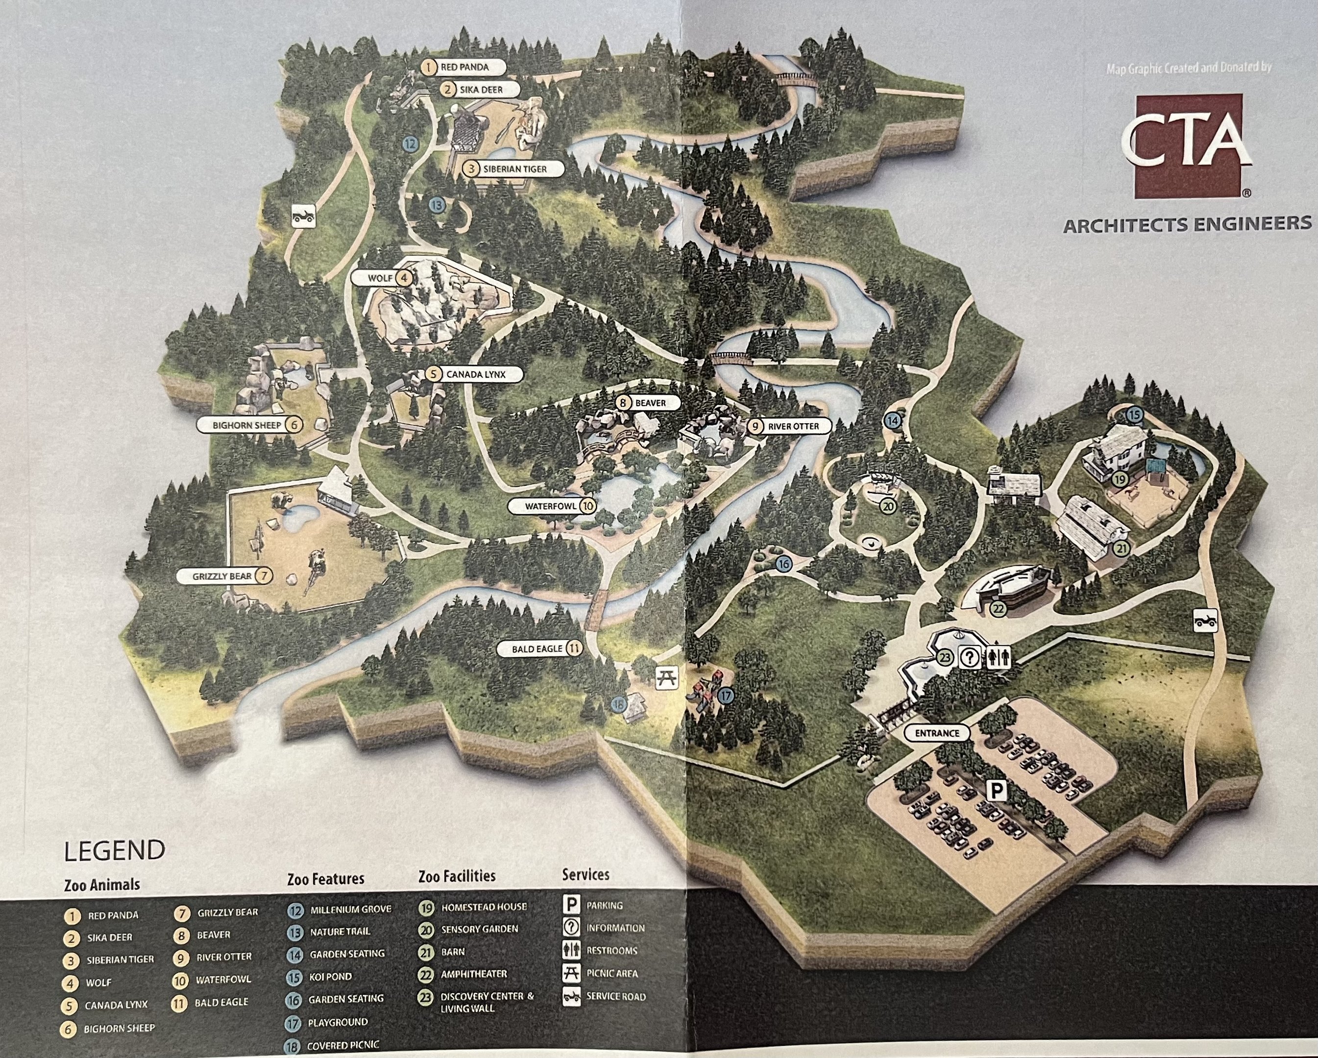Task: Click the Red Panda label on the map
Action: click(x=464, y=67)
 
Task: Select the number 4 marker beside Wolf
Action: click(x=403, y=278)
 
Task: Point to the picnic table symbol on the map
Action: click(x=666, y=678)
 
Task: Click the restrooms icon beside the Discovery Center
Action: click(x=1000, y=658)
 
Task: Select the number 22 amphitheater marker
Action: click(x=998, y=609)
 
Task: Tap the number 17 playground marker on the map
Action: click(x=726, y=696)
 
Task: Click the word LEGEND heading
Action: click(x=114, y=850)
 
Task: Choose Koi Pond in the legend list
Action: click(x=330, y=977)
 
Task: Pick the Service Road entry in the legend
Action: click(x=615, y=996)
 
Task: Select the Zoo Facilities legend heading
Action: click(x=457, y=876)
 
